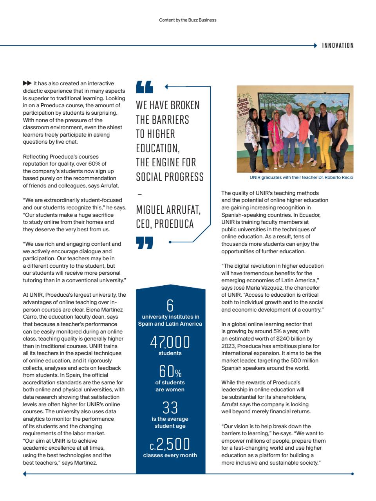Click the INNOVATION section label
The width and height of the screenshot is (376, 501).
338,45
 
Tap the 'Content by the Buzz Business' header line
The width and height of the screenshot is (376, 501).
188,20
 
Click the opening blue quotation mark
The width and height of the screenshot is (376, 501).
145,87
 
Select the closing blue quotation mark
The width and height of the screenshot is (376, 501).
145,243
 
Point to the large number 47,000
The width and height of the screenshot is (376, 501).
170,342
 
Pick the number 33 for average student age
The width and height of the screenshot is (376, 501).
170,408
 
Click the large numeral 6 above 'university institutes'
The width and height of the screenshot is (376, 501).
170,305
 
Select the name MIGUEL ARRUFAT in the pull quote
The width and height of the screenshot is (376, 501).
168,210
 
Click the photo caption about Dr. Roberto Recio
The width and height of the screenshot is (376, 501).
301,177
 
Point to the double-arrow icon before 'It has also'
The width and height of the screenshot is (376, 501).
27,83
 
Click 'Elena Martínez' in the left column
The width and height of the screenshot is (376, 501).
104,310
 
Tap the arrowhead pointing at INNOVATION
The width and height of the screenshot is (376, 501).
315,45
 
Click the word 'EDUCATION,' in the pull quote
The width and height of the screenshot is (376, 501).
157,148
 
